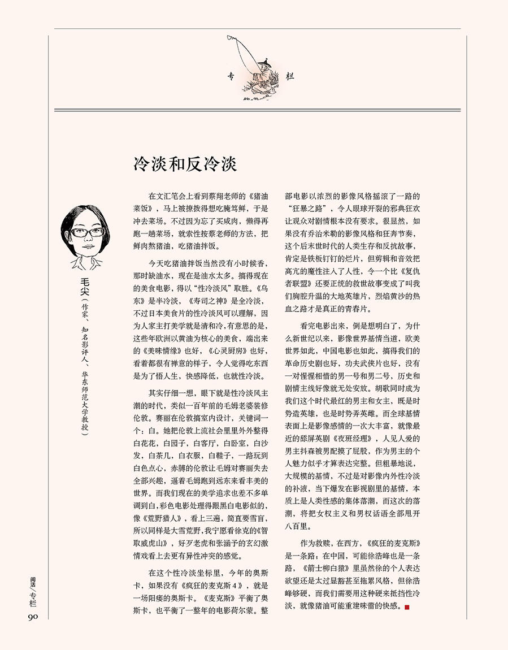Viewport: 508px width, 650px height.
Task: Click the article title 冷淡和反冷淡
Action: point(185,164)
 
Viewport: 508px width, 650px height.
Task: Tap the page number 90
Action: point(32,616)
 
